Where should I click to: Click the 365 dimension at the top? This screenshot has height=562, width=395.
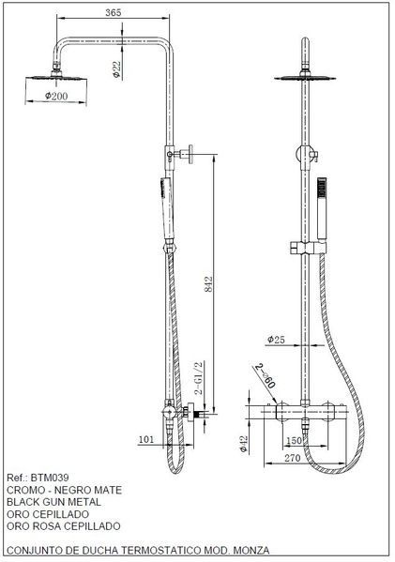[x=114, y=12]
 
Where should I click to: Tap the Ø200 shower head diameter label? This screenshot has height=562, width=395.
[x=56, y=96]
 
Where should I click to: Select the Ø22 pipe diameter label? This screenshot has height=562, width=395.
[x=117, y=69]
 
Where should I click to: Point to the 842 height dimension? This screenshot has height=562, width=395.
[x=208, y=284]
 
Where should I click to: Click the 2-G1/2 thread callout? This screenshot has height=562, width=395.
[x=199, y=378]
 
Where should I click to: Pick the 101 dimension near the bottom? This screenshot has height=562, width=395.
[x=146, y=439]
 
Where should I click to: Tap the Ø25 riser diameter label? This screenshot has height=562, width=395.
[x=277, y=340]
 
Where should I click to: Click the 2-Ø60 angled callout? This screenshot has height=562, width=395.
[x=266, y=375]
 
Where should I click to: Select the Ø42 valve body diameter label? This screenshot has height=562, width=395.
[x=244, y=445]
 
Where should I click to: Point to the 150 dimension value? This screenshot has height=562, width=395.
[x=294, y=440]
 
